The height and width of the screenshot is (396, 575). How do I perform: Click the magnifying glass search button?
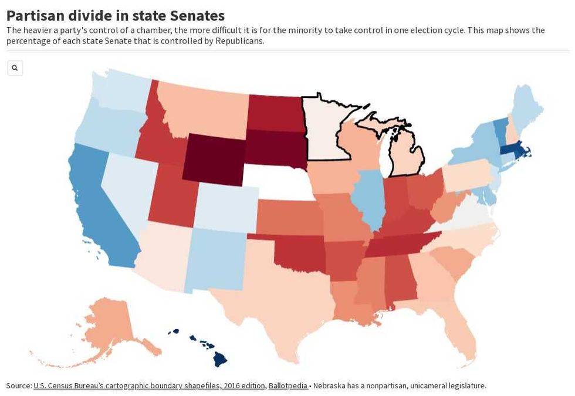[x=15, y=68]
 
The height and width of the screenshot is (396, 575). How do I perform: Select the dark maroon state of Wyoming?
[x=214, y=160]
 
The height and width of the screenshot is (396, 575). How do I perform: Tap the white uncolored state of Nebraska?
[x=282, y=183]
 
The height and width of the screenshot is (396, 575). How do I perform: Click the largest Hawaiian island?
[x=220, y=359]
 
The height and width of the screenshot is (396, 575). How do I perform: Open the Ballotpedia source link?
[x=288, y=386]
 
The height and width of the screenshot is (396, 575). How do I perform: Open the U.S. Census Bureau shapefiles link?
[x=149, y=386]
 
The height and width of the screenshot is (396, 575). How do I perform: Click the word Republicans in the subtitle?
[x=239, y=40]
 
